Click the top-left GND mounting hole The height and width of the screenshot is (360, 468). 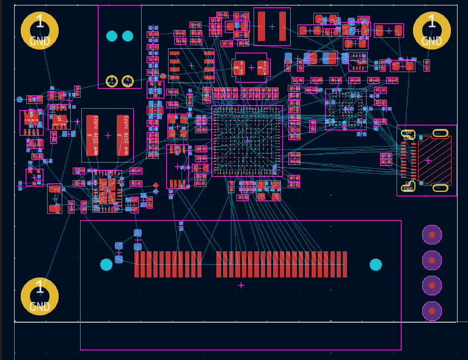tap(40, 31)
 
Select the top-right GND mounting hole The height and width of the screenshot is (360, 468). tap(432, 31)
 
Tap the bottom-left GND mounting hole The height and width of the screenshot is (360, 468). tap(40, 296)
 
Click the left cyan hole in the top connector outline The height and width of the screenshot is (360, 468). tap(112, 36)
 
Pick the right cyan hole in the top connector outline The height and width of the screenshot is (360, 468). tap(128, 36)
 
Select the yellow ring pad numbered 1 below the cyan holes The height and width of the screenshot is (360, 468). tap(112, 81)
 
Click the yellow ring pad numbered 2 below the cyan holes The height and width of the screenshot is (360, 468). tap(128, 81)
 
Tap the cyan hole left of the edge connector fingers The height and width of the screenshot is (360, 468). tap(106, 265)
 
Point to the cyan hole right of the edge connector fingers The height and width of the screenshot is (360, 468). tap(376, 265)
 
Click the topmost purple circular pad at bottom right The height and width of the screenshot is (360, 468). tap(432, 235)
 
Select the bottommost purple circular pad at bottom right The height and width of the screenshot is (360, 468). tap(432, 311)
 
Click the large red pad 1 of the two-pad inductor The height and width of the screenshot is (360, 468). tap(92, 135)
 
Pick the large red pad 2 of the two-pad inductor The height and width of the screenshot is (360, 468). tap(123, 135)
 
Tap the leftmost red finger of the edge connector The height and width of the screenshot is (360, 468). tap(137, 265)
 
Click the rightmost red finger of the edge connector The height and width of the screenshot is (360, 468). tap(345, 265)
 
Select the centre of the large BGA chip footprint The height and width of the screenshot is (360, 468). tap(247, 141)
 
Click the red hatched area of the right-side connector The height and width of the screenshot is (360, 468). tap(434, 161)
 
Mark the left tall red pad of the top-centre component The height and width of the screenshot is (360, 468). tap(261, 26)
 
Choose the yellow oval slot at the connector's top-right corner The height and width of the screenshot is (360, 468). tap(440, 133)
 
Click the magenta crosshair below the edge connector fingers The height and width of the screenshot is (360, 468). tap(241, 285)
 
